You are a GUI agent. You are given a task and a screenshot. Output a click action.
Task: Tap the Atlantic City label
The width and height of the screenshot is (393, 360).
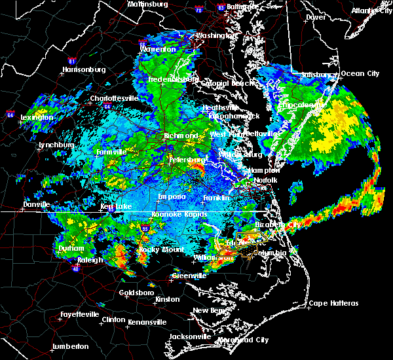pyautogui.click(x=371, y=10)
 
